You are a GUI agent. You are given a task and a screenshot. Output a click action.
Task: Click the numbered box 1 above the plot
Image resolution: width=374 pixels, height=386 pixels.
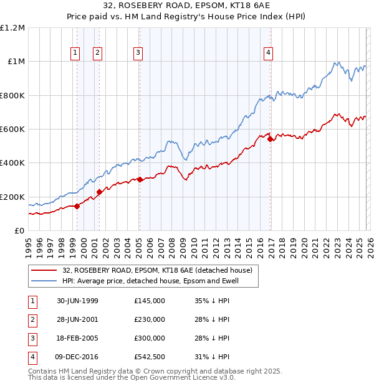pos(75,54)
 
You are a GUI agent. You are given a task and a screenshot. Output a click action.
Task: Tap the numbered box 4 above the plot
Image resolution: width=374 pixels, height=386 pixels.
pos(268,54)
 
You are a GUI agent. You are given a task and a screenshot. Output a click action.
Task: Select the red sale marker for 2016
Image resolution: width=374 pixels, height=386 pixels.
pos(270,139)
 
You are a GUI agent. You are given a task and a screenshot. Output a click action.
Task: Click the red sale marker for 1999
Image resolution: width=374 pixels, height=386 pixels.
pos(77,206)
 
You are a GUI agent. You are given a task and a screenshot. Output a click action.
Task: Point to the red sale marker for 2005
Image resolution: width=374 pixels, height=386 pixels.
pos(140,180)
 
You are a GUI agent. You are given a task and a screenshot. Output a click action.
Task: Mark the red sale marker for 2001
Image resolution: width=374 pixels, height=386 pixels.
pos(99,192)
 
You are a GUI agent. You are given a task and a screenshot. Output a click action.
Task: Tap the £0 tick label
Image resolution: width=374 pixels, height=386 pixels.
pos(19,231)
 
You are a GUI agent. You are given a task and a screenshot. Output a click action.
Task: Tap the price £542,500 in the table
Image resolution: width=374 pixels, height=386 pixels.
pos(150,357)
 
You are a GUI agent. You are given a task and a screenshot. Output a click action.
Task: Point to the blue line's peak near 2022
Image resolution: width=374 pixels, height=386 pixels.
pos(337,62)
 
